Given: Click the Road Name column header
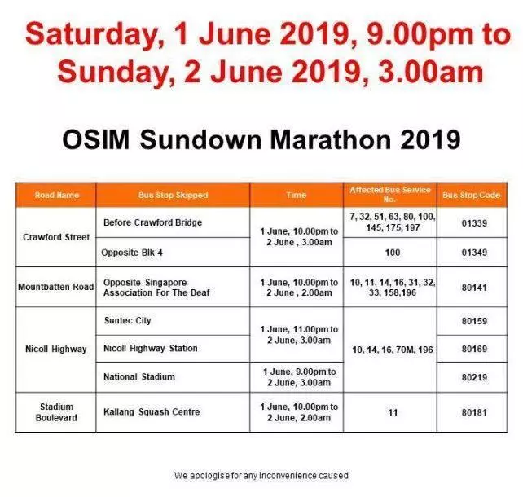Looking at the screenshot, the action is [x=57, y=195].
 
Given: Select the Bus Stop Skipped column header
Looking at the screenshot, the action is [x=173, y=195].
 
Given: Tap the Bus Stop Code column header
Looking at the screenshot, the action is [x=472, y=195].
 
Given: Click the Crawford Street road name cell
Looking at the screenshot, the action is [x=56, y=237].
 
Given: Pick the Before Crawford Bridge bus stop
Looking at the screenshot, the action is [x=153, y=222].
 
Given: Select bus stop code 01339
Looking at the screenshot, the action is [x=474, y=223].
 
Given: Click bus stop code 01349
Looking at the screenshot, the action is [x=474, y=253].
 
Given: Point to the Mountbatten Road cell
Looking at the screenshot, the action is [x=55, y=287].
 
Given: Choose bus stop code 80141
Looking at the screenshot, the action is [x=474, y=288].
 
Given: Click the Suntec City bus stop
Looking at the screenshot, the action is [x=127, y=320].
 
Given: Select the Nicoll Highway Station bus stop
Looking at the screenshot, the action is [x=151, y=349].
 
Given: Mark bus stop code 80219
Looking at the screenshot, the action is [x=474, y=377].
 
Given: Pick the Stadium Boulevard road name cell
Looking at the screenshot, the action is [x=56, y=412].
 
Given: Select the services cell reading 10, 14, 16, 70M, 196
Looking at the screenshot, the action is [x=393, y=350].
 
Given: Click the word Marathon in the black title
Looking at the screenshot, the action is [x=330, y=139].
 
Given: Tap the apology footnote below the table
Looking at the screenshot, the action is [x=261, y=476].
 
